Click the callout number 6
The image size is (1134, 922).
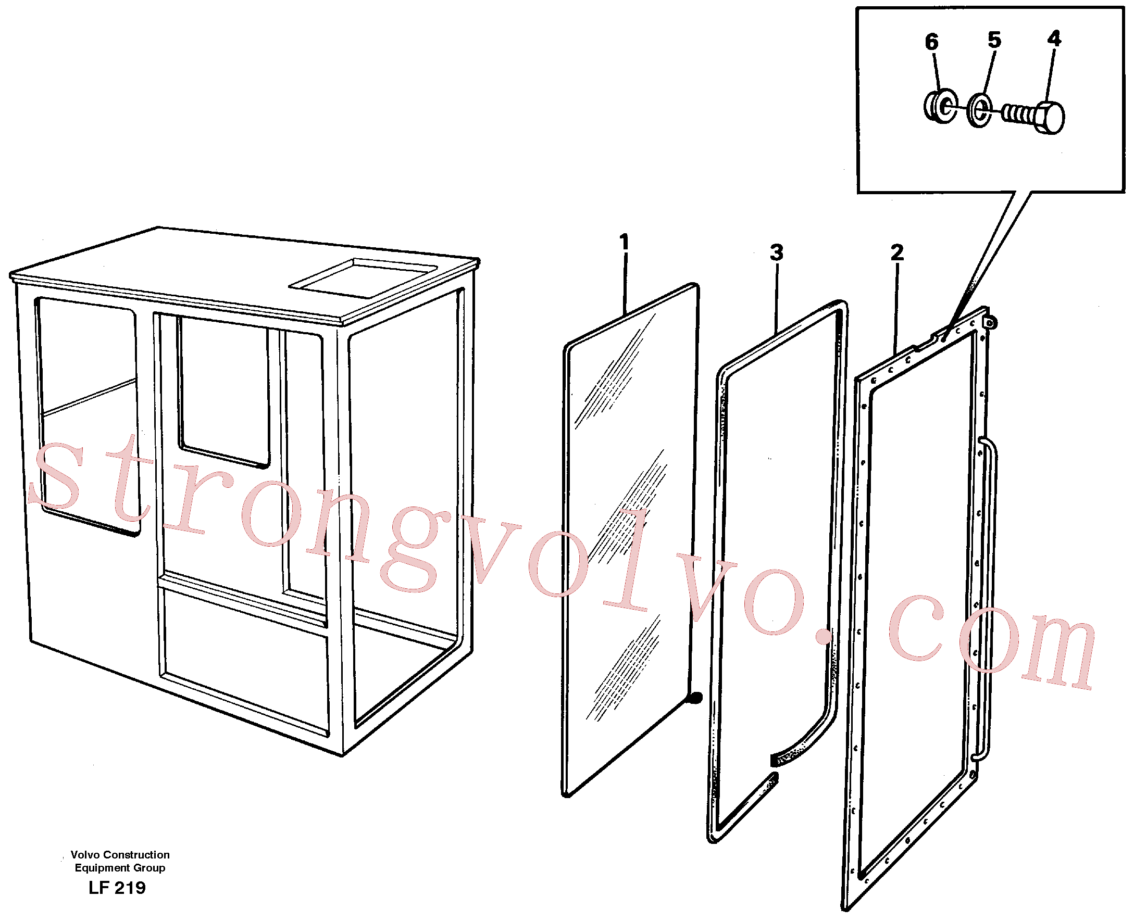pyautogui.click(x=931, y=42)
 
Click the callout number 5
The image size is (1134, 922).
pyautogui.click(x=994, y=40)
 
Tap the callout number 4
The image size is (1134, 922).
pyautogui.click(x=1054, y=38)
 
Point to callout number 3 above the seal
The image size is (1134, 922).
pyautogui.click(x=776, y=252)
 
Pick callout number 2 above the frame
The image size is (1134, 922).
pyautogui.click(x=897, y=252)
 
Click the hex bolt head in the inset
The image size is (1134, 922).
pyautogui.click(x=1049, y=117)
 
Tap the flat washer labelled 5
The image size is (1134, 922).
pyautogui.click(x=978, y=110)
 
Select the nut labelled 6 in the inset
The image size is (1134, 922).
pyautogui.click(x=941, y=106)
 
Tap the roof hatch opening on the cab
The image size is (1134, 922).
pyautogui.click(x=364, y=279)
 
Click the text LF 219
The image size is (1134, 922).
pyautogui.click(x=117, y=887)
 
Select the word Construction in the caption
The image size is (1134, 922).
pyautogui.click(x=136, y=854)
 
